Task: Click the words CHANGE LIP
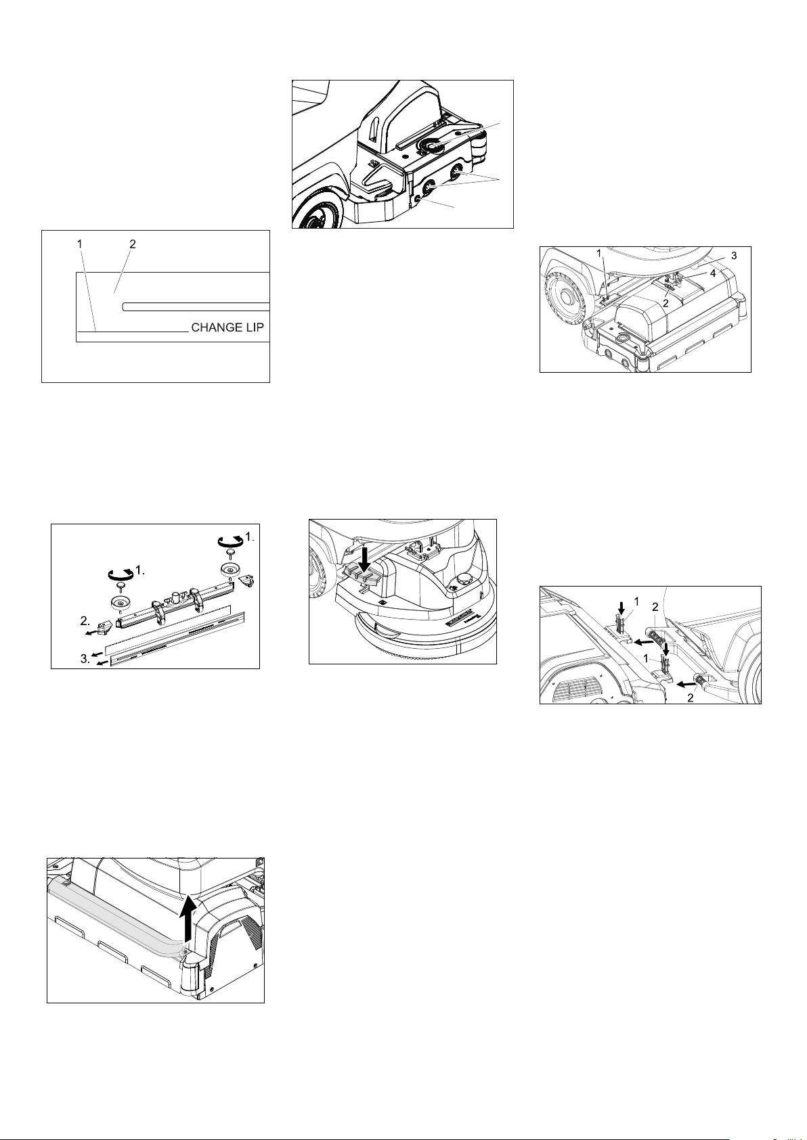pyautogui.click(x=227, y=327)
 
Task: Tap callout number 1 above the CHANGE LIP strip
pyautogui.click(x=80, y=244)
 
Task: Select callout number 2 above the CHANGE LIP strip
pyautogui.click(x=133, y=244)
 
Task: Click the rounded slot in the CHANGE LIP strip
pyautogui.click(x=196, y=306)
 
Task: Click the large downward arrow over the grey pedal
pyautogui.click(x=364, y=562)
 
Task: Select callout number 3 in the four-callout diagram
pyautogui.click(x=734, y=256)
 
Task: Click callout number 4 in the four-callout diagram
pyautogui.click(x=713, y=274)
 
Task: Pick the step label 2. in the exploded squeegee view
pyautogui.click(x=85, y=621)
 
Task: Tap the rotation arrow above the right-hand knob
pyautogui.click(x=229, y=541)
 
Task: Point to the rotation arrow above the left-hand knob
pyautogui.click(x=120, y=574)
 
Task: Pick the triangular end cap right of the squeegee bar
pyautogui.click(x=248, y=579)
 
